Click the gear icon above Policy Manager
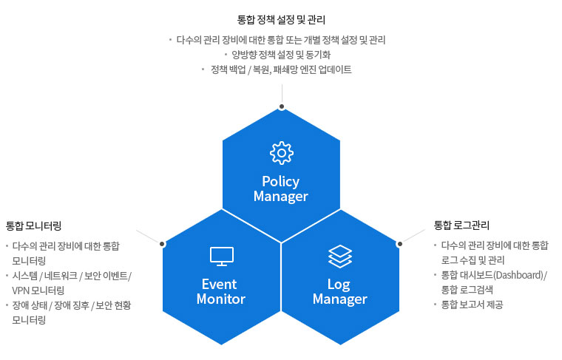[x=281, y=153]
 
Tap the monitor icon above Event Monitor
[x=221, y=256]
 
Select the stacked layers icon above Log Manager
[x=340, y=256]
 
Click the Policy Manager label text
[x=281, y=189]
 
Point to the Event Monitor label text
[x=221, y=291]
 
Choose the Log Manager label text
[x=340, y=291]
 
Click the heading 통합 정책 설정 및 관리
[x=281, y=19]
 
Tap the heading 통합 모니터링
[x=33, y=225]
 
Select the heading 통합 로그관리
[x=461, y=225]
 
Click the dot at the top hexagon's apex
[x=282, y=105]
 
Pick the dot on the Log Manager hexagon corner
[x=400, y=242]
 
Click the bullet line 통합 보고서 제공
[x=472, y=305]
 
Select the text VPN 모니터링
[x=38, y=291]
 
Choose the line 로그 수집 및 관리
[x=473, y=259]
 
